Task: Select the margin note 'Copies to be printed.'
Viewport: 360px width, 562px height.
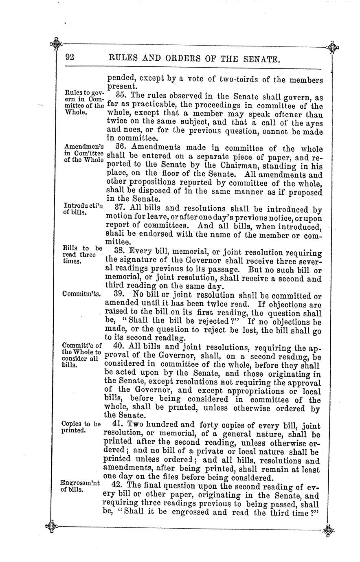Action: click(80, 427)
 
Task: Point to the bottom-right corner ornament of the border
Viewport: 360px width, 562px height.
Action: click(328, 530)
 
